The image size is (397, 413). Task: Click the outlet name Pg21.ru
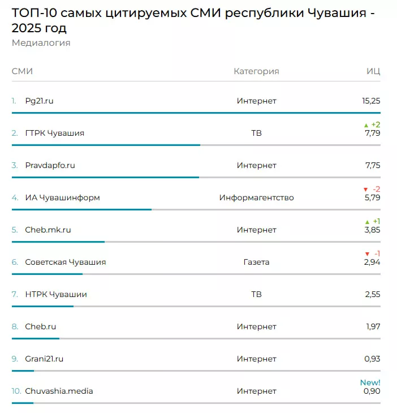[x=39, y=101]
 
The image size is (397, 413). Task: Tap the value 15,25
[x=371, y=101]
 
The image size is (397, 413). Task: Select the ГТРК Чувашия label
[x=54, y=133]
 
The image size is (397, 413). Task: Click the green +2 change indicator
[x=372, y=124]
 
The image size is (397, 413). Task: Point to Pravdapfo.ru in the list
[x=50, y=165]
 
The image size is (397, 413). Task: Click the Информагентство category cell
[x=256, y=197]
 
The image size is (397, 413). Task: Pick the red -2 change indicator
[x=372, y=189]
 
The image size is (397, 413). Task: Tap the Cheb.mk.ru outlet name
[x=48, y=230]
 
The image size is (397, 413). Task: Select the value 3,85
[x=372, y=230]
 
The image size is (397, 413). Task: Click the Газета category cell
[x=256, y=262]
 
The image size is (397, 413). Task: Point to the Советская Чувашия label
[x=65, y=262]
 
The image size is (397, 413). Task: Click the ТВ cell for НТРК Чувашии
[x=256, y=294]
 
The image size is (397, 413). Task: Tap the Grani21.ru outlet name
[x=44, y=359]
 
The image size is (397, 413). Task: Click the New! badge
[x=370, y=382]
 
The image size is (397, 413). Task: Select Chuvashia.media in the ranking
[x=59, y=391]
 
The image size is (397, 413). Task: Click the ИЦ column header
[x=373, y=71]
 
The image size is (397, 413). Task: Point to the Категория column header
[x=256, y=71]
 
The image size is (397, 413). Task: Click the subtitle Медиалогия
[x=41, y=43]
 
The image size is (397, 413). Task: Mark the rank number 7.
[x=15, y=294]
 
